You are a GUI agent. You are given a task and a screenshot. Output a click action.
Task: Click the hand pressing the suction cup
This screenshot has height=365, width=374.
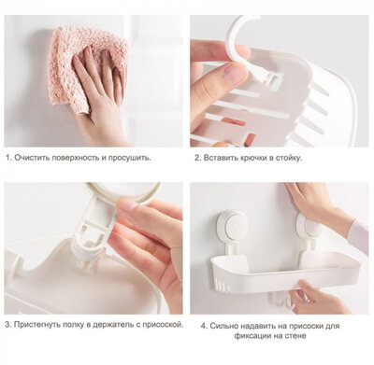tap(323, 205)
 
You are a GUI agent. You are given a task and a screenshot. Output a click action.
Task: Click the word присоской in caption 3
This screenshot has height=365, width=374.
tap(155, 326)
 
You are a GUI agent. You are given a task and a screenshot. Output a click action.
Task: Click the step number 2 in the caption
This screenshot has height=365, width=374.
tap(197, 158)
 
